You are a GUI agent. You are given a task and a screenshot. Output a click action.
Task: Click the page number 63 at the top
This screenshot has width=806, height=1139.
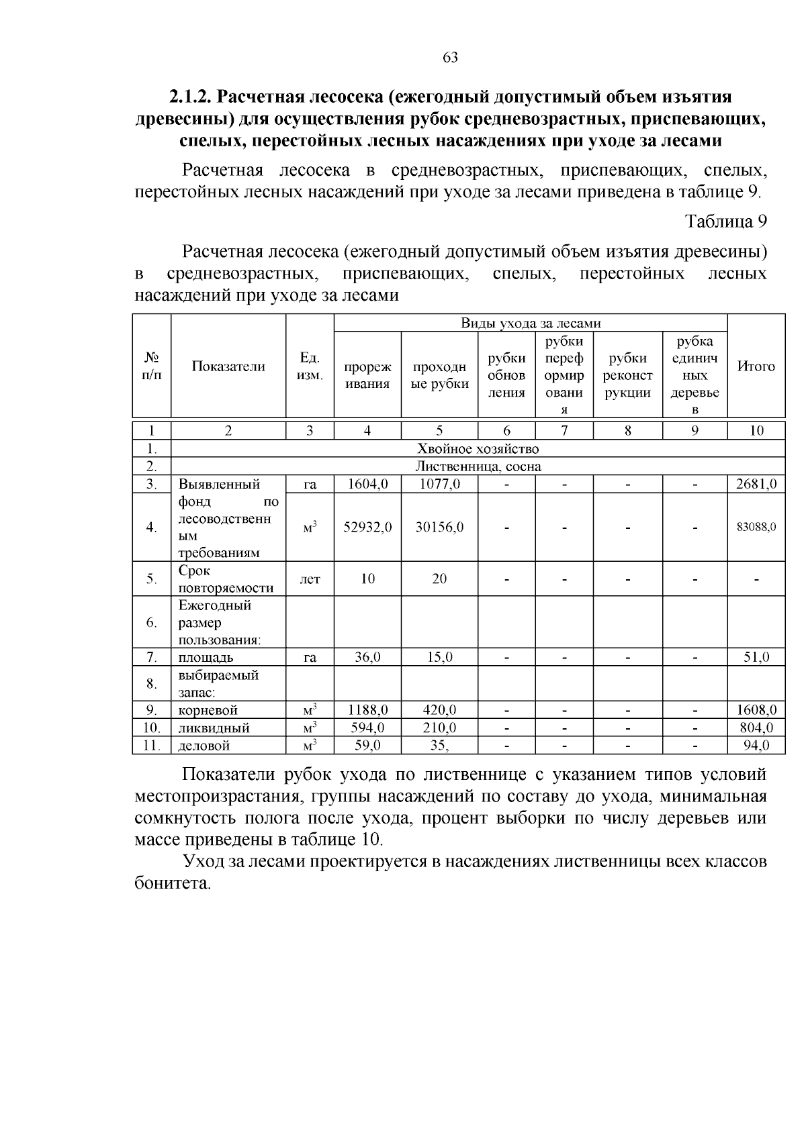pos(451,58)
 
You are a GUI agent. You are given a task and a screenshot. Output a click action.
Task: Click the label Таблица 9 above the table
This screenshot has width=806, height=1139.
pos(725,221)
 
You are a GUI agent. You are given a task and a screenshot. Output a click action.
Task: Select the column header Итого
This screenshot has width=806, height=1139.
pos(756,366)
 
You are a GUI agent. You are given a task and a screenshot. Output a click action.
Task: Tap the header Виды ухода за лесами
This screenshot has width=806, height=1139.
pos(531,324)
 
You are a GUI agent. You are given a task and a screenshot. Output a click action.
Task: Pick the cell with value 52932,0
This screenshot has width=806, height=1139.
pos(367,528)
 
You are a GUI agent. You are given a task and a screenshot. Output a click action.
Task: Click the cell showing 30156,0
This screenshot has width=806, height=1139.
pos(439,528)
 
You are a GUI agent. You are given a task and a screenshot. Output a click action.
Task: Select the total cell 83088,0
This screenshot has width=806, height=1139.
pos(756,528)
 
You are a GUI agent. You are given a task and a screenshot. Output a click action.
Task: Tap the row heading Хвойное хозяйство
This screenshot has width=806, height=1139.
pos(478,449)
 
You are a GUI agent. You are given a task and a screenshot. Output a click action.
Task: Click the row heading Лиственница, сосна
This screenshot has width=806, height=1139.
pos(478,466)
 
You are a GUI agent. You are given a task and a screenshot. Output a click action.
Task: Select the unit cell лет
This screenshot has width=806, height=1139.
pos(310,579)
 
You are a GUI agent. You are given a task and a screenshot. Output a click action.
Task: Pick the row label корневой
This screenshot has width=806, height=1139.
pos(208,710)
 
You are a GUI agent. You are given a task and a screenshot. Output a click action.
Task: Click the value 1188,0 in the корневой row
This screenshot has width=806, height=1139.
pos(367,710)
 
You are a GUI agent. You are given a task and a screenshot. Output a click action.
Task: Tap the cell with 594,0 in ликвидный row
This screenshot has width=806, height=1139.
pos(367,728)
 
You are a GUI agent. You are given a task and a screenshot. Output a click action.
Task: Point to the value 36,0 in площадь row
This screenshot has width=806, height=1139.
pos(367,658)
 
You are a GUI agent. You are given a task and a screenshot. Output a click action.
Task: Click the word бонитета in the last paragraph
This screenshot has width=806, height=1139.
pos(173,884)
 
